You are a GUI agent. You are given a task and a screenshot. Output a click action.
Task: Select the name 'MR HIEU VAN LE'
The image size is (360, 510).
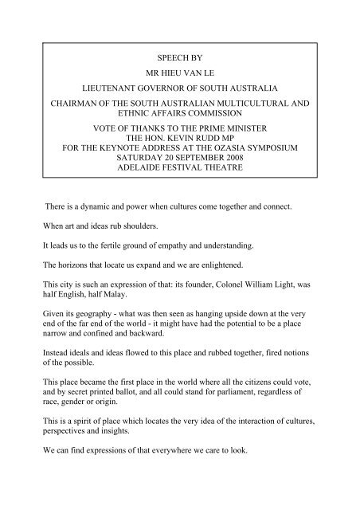[179, 80]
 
